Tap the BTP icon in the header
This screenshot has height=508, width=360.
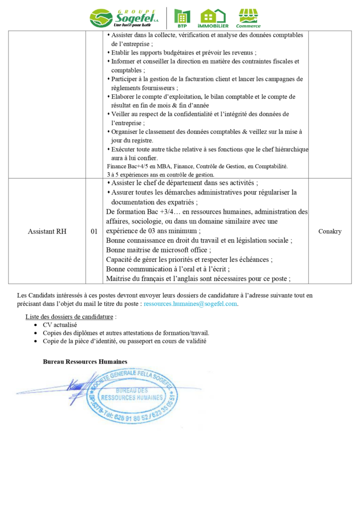[x=182, y=18]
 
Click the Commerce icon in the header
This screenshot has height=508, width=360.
[x=248, y=18]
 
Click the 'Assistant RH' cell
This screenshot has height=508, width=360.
[x=47, y=231]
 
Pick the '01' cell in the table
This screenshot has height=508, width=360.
[x=94, y=231]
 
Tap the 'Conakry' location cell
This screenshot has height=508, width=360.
[x=329, y=231]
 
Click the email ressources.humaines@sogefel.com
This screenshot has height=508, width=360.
[x=190, y=304]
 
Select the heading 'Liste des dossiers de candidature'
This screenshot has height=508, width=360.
[x=71, y=317]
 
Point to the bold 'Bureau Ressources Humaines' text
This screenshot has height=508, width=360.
[x=85, y=362]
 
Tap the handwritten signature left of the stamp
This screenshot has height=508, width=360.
[x=79, y=382]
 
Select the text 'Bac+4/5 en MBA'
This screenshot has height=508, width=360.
[x=144, y=166]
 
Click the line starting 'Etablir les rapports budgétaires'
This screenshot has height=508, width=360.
[x=183, y=53]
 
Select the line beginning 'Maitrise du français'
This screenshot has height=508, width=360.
[x=198, y=278]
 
